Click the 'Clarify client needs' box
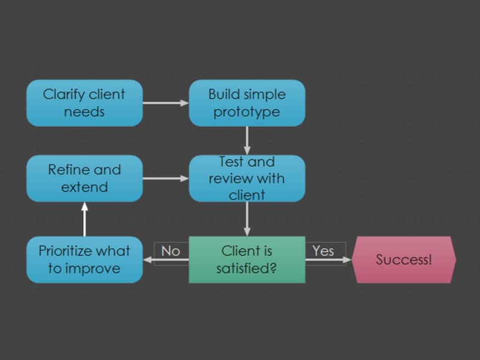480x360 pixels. [85, 103]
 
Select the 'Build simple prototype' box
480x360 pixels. [247, 103]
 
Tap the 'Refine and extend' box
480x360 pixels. [85, 178]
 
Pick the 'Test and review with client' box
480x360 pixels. [247, 178]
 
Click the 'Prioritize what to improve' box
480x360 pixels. [85, 260]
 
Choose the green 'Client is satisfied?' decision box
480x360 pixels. [247, 260]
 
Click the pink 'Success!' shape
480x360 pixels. [404, 260]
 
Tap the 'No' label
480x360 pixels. [170, 251]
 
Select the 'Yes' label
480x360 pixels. [323, 251]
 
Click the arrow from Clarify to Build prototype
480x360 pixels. [166, 103]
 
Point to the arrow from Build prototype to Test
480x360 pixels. [247, 141]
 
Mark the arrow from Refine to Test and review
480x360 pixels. [166, 178]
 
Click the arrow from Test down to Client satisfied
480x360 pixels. [247, 219]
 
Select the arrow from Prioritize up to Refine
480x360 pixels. [85, 219]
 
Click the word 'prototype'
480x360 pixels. [247, 112]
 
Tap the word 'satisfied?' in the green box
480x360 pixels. [247, 268]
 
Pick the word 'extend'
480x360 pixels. [85, 187]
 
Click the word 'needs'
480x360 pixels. [84, 112]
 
